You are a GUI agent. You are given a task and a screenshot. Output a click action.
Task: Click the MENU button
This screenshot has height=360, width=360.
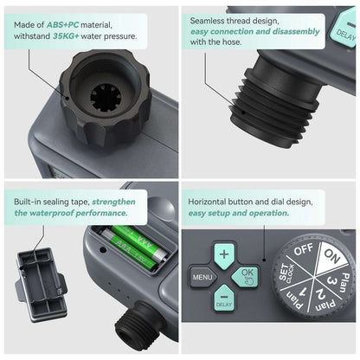pos(202,279)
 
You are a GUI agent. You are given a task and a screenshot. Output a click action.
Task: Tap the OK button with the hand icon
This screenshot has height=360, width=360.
pos(246,277)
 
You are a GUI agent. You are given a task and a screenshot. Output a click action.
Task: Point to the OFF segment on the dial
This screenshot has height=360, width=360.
pos(303,250)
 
